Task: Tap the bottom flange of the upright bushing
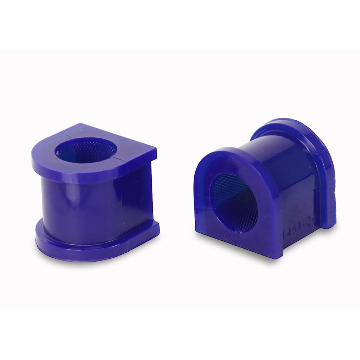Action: [90, 240]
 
